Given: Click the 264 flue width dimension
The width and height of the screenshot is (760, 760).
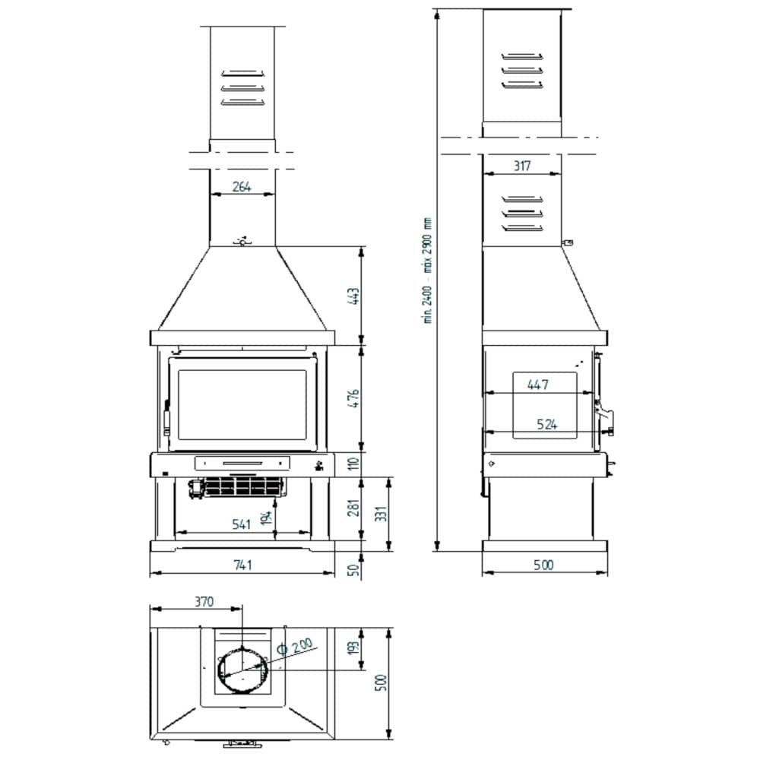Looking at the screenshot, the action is (242, 187).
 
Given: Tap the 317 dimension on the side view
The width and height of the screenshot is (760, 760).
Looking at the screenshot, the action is (522, 166).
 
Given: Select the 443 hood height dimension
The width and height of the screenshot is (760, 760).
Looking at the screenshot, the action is (354, 296).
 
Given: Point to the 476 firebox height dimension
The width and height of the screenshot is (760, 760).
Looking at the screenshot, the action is (354, 398).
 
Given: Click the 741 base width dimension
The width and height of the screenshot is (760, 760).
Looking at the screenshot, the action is (242, 565).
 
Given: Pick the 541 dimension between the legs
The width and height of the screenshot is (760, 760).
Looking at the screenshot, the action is (241, 524).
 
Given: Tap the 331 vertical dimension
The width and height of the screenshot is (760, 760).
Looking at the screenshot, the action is (382, 513).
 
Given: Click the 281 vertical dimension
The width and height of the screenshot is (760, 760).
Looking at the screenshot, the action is (354, 507).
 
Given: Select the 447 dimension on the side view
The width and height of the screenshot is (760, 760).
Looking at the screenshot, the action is (538, 385).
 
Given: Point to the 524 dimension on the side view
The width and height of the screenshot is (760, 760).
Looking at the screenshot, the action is (546, 425).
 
